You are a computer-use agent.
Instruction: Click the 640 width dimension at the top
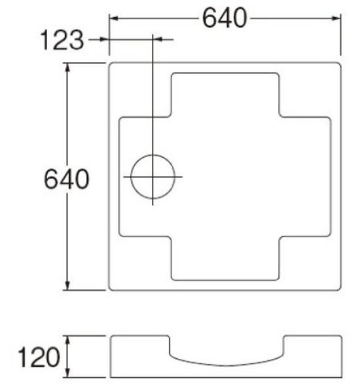[x=225, y=18]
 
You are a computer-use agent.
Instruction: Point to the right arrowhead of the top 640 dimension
[x=338, y=18]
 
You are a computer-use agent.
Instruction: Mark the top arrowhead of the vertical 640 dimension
[x=69, y=65]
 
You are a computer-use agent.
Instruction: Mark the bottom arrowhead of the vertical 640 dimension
[x=69, y=287]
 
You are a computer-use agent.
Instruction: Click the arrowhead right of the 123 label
[x=105, y=41]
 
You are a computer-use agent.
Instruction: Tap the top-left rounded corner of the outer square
[x=111, y=66]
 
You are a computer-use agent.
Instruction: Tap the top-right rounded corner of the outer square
[x=338, y=66]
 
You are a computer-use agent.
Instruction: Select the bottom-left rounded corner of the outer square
[x=111, y=287]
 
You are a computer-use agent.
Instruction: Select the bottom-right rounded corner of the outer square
[x=338, y=287]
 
